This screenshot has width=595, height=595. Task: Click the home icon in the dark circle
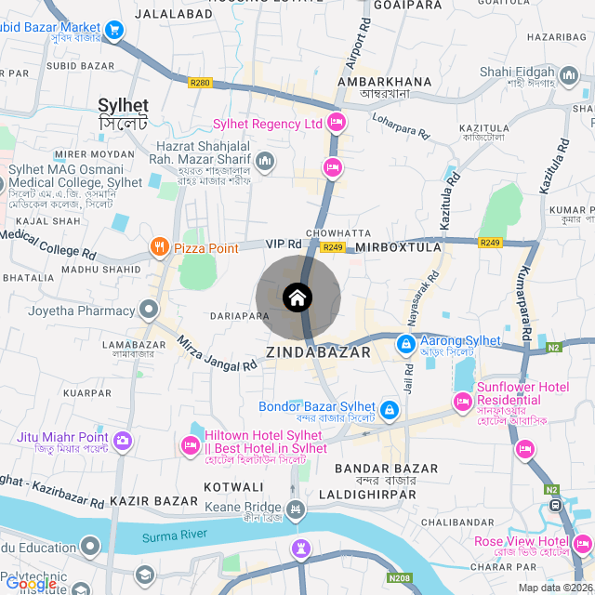(297, 297)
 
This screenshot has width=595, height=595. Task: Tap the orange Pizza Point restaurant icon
(160, 247)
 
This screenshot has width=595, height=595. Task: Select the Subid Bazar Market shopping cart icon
(115, 31)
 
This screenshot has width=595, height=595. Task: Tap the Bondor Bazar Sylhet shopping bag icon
(390, 408)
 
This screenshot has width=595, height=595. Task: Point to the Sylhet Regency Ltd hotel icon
(337, 123)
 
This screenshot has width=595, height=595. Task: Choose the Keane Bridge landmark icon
(296, 509)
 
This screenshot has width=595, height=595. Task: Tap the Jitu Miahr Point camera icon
(122, 439)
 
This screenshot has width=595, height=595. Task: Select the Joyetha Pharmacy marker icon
(149, 310)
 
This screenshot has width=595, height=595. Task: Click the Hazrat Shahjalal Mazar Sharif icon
(265, 163)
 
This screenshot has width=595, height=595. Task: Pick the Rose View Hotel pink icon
(582, 542)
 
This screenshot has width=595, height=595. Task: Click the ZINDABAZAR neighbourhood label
(318, 352)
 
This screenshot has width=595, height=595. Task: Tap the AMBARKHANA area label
(385, 82)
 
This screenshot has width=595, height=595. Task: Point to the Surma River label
(174, 536)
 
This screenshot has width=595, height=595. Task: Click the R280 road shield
(200, 83)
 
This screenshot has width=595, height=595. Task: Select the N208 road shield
(399, 577)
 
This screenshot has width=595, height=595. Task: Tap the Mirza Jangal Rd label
(217, 353)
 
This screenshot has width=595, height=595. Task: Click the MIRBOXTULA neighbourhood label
(398, 247)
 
